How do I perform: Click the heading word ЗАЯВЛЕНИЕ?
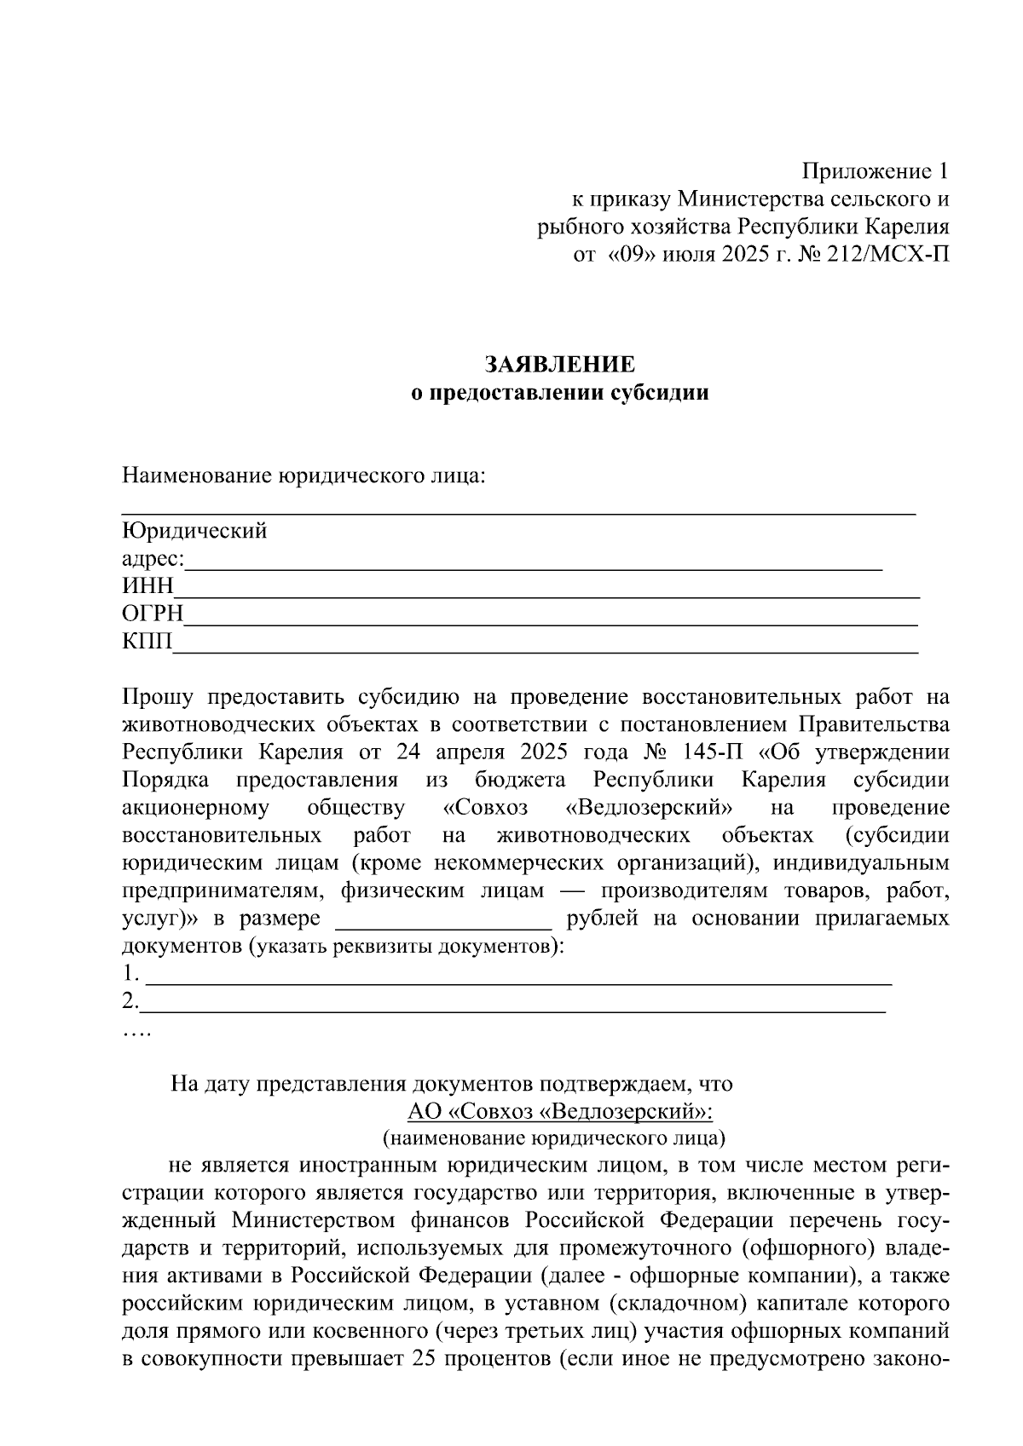click(560, 366)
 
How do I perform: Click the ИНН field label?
click(147, 586)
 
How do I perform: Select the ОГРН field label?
click(153, 614)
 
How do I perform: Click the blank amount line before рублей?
click(444, 922)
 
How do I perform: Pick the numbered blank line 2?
click(511, 1005)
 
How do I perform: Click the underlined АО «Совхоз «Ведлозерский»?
click(559, 1112)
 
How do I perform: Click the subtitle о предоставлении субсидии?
click(560, 394)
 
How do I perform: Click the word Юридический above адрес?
click(194, 531)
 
